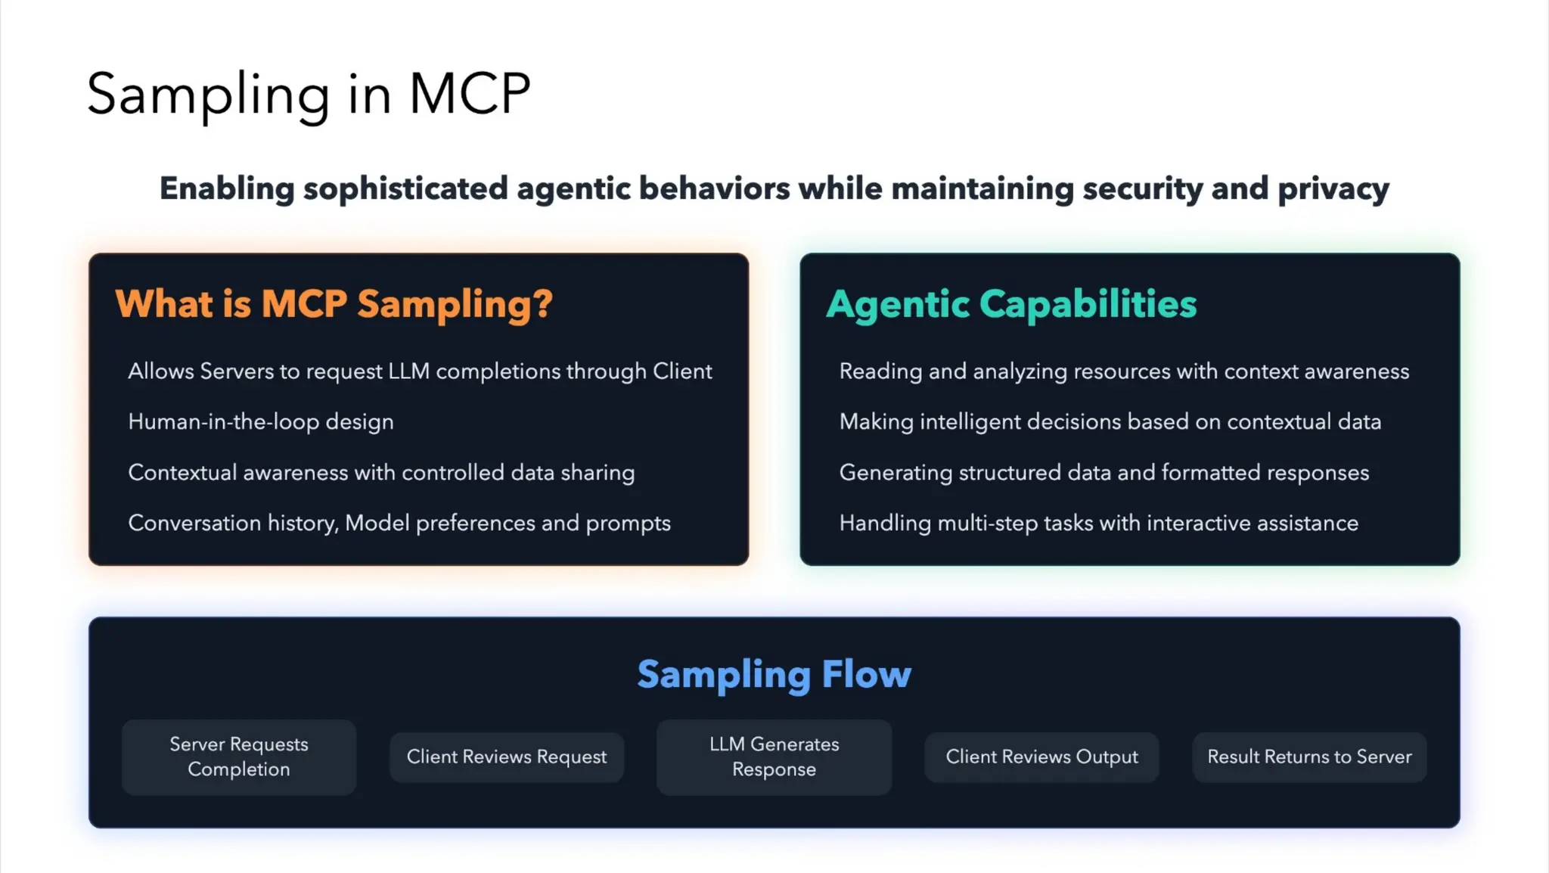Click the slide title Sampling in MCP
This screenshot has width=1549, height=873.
tap(309, 94)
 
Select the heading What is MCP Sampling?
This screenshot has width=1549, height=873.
tap(334, 304)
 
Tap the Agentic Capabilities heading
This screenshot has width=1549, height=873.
tap(1010, 304)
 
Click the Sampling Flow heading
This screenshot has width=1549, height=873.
tap(774, 674)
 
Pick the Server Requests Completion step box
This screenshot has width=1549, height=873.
tap(238, 756)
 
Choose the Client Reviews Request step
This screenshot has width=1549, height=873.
tap(506, 756)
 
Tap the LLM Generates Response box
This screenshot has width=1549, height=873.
tap(774, 756)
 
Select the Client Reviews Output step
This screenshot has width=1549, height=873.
tap(1041, 756)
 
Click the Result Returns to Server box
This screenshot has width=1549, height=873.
tap(1309, 756)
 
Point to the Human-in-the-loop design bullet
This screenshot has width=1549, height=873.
tap(261, 421)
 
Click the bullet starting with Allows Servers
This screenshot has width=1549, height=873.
tap(420, 371)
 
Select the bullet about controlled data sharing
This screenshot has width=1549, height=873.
tap(381, 472)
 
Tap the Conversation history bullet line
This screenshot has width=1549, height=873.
tap(399, 523)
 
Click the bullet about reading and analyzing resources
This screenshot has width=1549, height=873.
tap(1124, 371)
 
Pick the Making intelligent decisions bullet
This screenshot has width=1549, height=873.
tap(1110, 421)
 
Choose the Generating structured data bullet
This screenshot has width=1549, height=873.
tap(1104, 472)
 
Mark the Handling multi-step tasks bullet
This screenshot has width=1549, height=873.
tap(1098, 523)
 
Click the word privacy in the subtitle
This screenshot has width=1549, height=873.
tap(1333, 189)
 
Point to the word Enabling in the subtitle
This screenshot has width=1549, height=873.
tap(226, 189)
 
